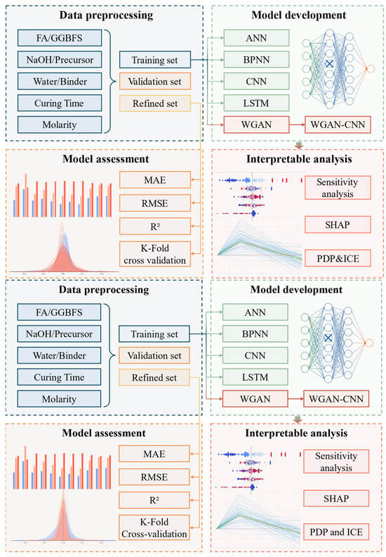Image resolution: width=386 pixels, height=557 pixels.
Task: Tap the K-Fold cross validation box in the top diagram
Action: pos(154,252)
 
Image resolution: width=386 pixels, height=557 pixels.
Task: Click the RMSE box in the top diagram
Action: pos(154,203)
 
